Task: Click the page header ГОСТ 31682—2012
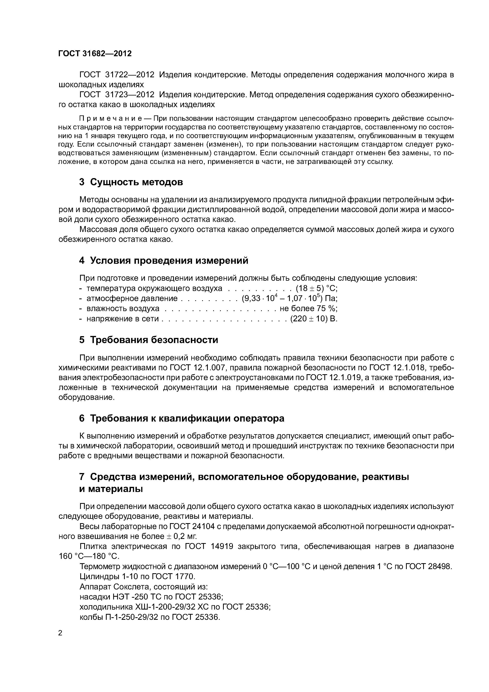(95, 54)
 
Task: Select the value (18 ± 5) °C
(316, 288)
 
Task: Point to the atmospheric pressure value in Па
(289, 299)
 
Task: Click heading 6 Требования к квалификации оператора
(182, 419)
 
